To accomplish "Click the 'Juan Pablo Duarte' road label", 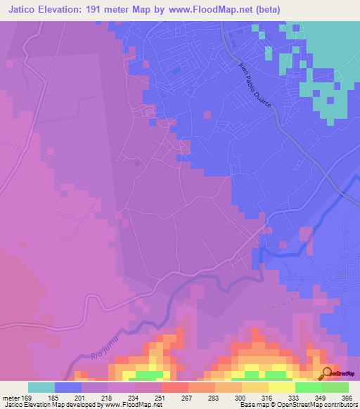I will coord(251,89).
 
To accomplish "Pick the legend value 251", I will coord(161,397).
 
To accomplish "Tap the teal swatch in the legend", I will coord(41,387).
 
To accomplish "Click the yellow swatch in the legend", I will coord(281,387).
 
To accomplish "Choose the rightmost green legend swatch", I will coord(335,387).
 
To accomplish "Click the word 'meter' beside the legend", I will coord(11,397).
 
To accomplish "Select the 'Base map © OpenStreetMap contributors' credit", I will coord(297,405).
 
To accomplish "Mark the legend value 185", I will coord(55,397).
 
